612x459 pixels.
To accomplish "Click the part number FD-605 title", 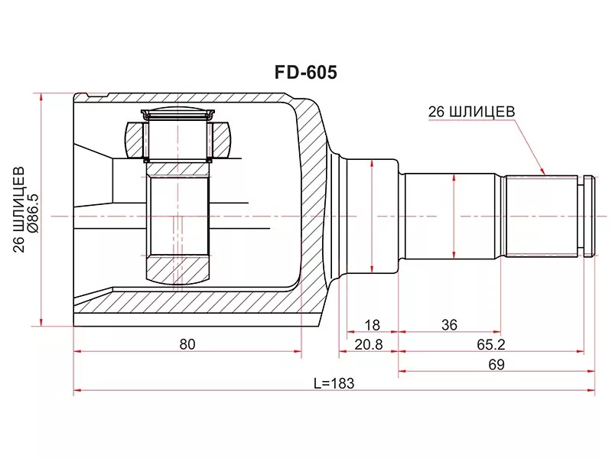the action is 305,73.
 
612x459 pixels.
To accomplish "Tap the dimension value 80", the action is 187,344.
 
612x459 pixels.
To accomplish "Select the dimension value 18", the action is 372,324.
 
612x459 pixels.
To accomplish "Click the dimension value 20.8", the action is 369,345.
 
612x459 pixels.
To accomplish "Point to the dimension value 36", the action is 449,324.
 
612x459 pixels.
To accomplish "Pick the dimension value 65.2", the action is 491,345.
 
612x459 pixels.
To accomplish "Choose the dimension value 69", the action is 496,365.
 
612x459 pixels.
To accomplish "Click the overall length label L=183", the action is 334,383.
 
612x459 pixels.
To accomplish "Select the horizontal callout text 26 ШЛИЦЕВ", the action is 471,112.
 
